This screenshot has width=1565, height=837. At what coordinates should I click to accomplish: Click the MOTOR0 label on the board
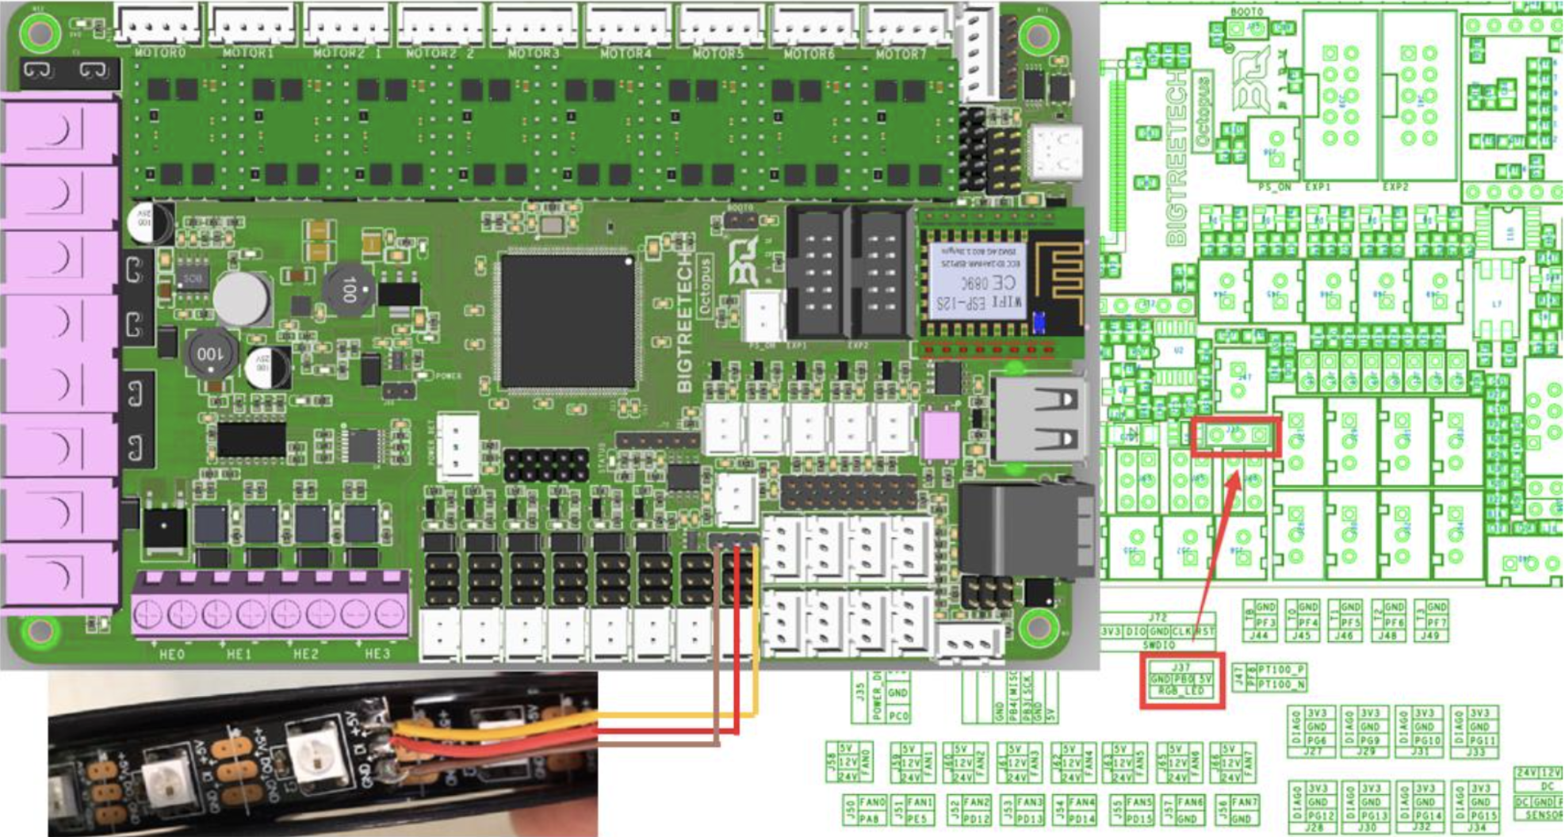click(160, 53)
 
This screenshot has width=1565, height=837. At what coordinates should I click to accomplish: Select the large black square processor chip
click(568, 322)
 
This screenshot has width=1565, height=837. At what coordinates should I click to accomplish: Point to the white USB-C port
click(1054, 152)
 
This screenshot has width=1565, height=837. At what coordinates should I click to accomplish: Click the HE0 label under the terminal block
click(171, 655)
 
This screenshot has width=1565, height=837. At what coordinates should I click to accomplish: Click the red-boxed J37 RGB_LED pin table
click(1182, 680)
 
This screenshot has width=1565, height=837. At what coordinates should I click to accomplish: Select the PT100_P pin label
click(1281, 671)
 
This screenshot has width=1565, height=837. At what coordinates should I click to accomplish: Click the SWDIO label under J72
click(1158, 645)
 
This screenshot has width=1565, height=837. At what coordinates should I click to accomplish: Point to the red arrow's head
click(1238, 476)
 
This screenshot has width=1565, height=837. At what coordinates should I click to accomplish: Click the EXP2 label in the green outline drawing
click(1395, 188)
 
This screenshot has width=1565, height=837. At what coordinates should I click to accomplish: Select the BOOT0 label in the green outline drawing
click(1247, 12)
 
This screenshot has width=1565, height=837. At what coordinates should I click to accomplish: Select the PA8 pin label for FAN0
click(869, 819)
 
